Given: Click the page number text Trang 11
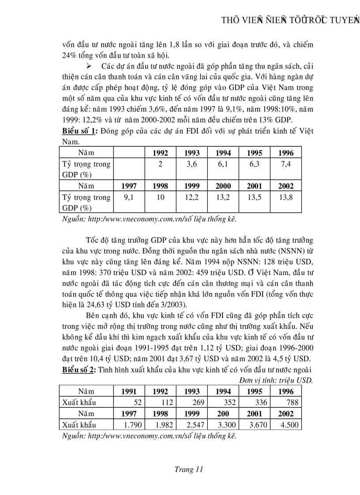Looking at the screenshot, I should pyautogui.click(x=189, y=469).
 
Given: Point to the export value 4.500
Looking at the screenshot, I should pyautogui.click(x=289, y=425).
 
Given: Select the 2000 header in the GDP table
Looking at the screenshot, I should pyautogui.click(x=223, y=186).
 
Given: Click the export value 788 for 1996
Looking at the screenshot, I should pyautogui.click(x=292, y=402).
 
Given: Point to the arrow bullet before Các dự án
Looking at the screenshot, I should pyautogui.click(x=90, y=66).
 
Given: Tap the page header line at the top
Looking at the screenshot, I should pyautogui.click(x=290, y=21).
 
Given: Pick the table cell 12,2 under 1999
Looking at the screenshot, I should pyautogui.click(x=191, y=197).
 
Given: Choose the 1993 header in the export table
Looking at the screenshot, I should pyautogui.click(x=191, y=391).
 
